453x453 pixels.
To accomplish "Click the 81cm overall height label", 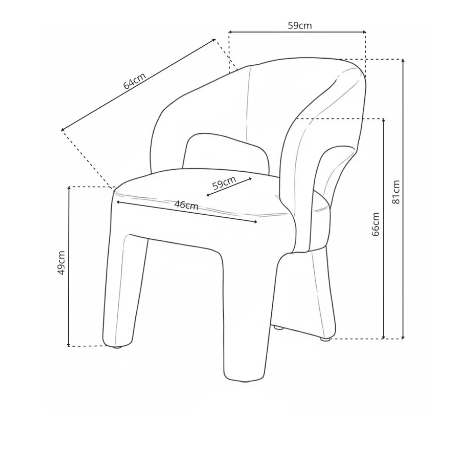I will [396, 192].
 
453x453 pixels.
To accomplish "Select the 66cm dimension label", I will [376, 224].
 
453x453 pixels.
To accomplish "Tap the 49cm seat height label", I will [61, 263].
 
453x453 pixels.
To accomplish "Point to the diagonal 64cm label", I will [134, 81].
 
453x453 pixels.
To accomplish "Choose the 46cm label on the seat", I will [186, 205].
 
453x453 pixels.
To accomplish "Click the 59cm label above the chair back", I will [299, 26].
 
